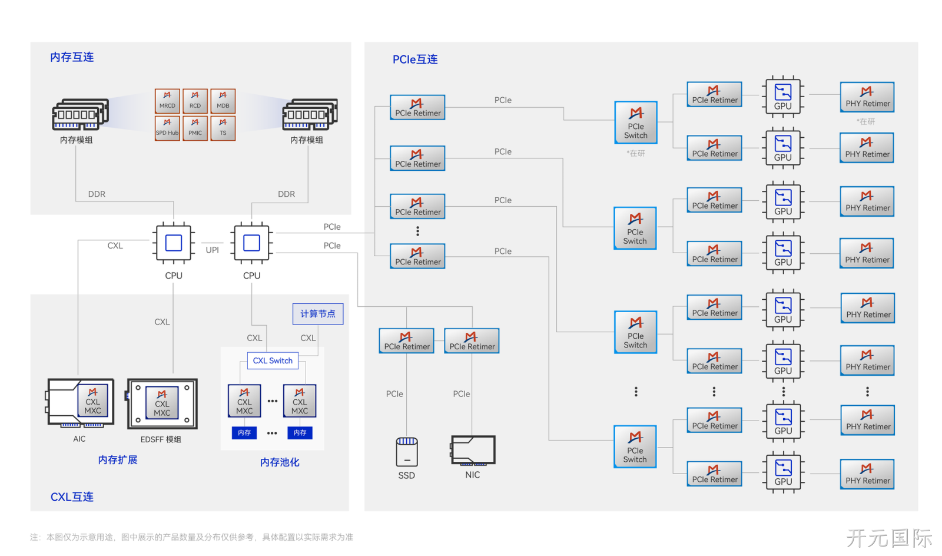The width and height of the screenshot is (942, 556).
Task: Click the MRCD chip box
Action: [x=167, y=101]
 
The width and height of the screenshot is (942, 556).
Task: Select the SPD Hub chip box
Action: [x=167, y=128]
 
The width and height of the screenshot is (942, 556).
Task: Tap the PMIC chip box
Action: [x=195, y=128]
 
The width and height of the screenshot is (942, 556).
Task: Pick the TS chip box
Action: [x=223, y=128]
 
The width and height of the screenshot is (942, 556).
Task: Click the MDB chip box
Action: [x=223, y=101]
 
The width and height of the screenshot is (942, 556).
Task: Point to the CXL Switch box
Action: [x=273, y=360]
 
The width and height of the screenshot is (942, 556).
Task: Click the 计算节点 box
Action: [x=318, y=314]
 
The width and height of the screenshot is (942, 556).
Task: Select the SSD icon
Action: [x=407, y=452]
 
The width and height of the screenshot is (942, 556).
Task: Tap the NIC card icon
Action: [x=473, y=451]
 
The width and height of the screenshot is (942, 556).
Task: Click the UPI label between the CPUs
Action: [x=213, y=250]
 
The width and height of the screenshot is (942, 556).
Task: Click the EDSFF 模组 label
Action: [x=161, y=439]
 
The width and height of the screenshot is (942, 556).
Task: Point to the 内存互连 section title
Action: [x=72, y=57]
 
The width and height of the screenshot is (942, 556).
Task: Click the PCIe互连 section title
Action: [x=415, y=59]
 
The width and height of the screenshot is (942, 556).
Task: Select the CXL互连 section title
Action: [x=72, y=497]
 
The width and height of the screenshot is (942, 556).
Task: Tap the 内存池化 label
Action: [x=280, y=462]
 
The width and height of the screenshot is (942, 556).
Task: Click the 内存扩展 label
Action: [x=118, y=459]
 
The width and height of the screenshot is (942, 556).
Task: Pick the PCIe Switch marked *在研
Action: [x=636, y=123]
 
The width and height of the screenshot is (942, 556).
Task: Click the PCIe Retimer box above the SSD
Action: [x=407, y=340]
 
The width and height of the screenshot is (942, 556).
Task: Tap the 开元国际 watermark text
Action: [x=889, y=538]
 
